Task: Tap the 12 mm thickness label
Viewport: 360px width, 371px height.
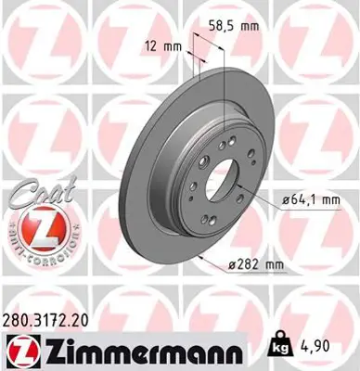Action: click(x=163, y=45)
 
